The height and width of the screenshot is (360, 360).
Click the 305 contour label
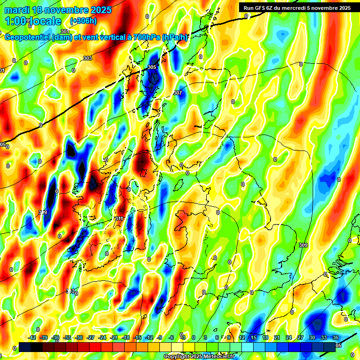point(151,67)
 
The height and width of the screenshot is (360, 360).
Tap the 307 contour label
point(177,93)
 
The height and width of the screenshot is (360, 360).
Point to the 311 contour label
point(119,218)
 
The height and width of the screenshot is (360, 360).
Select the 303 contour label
point(87,58)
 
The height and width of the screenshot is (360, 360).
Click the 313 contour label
point(70,291)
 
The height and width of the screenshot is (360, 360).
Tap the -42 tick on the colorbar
point(32,337)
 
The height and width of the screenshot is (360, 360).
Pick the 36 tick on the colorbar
point(336,337)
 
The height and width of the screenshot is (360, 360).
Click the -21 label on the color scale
point(114,337)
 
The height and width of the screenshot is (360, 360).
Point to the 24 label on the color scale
point(288,337)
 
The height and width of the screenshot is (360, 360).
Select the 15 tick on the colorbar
point(254,337)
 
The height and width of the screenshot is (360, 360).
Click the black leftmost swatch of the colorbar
point(25,346)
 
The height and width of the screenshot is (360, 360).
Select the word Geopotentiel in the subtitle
point(28,37)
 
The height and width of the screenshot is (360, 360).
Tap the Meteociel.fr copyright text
point(216,357)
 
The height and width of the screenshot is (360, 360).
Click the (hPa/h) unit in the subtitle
point(175,37)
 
